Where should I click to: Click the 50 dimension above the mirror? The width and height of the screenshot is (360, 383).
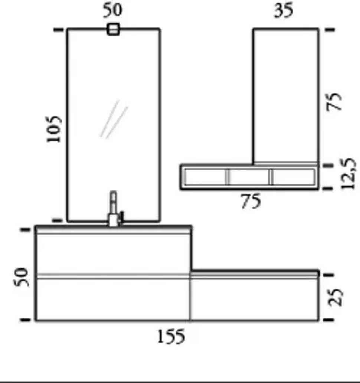pos(112,10)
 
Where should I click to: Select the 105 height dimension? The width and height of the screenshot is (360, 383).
pos(54,129)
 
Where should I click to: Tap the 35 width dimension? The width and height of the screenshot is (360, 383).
pos(283,11)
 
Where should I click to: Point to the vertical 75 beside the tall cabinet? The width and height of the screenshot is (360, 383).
pos(335,101)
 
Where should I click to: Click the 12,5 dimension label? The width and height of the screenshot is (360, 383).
pos(348,173)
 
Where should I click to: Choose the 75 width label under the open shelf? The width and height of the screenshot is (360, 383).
pos(251,202)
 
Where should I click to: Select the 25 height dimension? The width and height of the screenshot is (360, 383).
pos(336,297)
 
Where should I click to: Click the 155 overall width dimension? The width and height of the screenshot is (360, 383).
pos(170,337)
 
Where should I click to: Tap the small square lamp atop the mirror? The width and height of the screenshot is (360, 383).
pos(113,29)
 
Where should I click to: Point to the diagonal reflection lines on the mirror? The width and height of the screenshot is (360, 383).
pos(114,120)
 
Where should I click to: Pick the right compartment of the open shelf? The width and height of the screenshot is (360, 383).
pos(293,177)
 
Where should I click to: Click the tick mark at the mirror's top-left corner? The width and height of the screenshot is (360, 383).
pos(58,30)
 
